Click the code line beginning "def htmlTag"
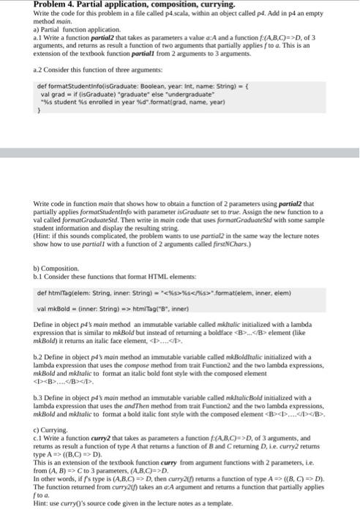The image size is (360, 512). click(124, 294)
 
